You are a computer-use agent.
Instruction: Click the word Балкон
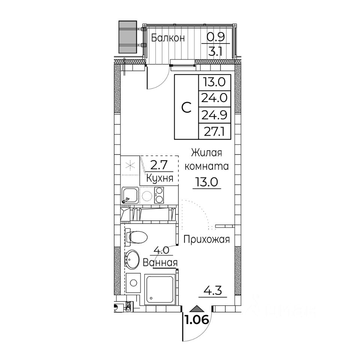click(x=168, y=38)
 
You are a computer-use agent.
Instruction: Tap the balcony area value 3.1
click(x=215, y=51)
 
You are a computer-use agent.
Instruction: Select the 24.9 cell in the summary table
click(x=214, y=115)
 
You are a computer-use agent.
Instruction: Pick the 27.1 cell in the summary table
click(x=214, y=132)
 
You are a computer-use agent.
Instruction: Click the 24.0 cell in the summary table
click(x=214, y=99)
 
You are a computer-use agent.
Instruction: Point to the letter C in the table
click(x=186, y=108)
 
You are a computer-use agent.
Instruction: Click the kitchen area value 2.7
click(x=160, y=165)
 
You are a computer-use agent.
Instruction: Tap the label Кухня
click(x=160, y=178)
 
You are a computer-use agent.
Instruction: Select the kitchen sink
click(x=130, y=195)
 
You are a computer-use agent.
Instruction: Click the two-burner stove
click(x=159, y=195)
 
